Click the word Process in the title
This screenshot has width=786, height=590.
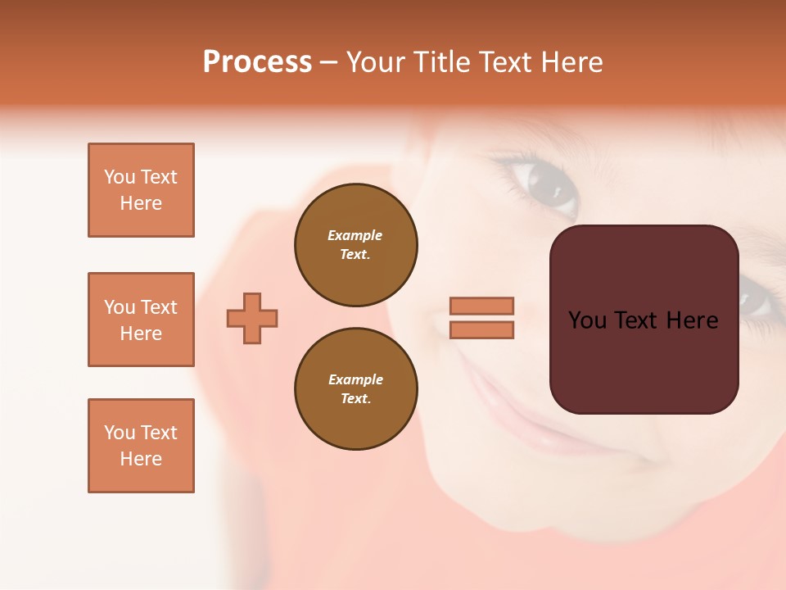tap(257, 62)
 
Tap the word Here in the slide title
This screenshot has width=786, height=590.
tap(571, 62)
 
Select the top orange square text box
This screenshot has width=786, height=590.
tap(141, 190)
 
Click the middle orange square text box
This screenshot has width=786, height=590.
tap(141, 320)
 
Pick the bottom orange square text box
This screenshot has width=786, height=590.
tap(141, 446)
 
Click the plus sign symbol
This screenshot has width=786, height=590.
tap(252, 318)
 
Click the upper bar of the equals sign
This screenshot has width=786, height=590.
tap(481, 306)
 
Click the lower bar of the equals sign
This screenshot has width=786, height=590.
tap(481, 329)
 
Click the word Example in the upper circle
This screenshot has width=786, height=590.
tap(355, 235)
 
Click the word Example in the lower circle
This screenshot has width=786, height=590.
tap(355, 379)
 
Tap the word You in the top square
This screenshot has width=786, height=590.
tap(120, 177)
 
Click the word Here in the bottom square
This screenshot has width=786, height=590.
tap(141, 459)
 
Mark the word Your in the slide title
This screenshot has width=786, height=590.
tap(377, 62)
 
